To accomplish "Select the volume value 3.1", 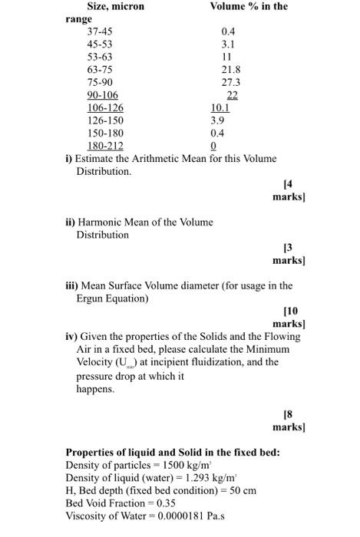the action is coord(228,44).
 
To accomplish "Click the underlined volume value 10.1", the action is coord(220,107).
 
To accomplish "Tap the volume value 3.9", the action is coord(218,120).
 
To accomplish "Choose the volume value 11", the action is coord(226,57).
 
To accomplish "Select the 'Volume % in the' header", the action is coord(249,7).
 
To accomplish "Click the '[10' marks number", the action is coord(293,311).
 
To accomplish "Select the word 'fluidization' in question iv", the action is coord(231,362).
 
